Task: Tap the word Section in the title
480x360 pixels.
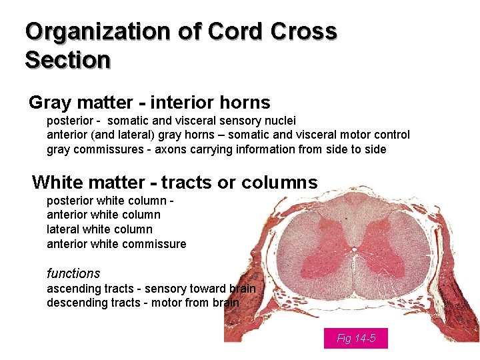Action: coord(67,60)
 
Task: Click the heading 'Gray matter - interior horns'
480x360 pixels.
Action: coord(149,103)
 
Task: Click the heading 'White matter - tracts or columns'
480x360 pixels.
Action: coord(175,183)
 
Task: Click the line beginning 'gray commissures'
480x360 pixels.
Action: coord(216,149)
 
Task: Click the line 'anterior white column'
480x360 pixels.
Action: coord(103,215)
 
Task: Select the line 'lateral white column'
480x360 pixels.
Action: coord(99,229)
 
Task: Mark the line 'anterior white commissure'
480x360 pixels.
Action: coord(116,244)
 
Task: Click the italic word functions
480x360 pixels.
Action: coord(73,273)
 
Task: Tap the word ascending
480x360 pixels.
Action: coord(73,289)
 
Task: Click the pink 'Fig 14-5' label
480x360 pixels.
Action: coord(355,339)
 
